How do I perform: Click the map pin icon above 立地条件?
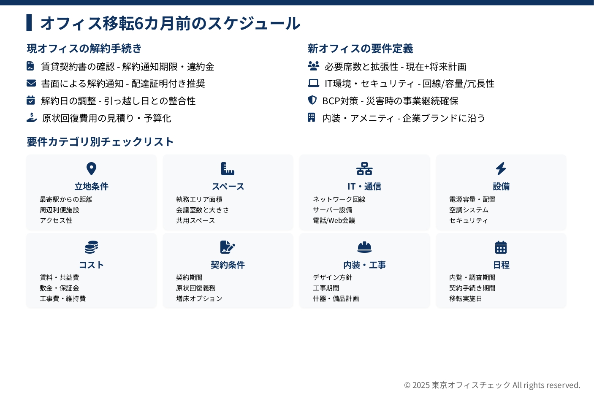[92, 169]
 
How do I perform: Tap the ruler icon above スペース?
[228, 169]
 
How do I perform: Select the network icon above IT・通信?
[364, 169]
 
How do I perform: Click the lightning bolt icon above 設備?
[501, 169]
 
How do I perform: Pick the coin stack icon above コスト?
[92, 247]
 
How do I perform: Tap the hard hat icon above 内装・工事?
[364, 247]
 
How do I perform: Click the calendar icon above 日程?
[501, 247]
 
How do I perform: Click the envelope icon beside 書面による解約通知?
[31, 83]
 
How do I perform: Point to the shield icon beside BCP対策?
[312, 100]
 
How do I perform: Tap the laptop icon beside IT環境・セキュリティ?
[313, 83]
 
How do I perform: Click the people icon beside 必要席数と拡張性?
[313, 66]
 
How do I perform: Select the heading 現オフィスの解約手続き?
[84, 49]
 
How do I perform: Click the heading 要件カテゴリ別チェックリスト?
[100, 141]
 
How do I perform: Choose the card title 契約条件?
[228, 265]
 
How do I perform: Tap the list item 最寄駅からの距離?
[66, 199]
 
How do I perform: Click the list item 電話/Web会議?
[334, 220]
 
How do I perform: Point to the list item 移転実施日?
[466, 298]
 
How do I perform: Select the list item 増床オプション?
[199, 298]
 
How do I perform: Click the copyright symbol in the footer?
[407, 385]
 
